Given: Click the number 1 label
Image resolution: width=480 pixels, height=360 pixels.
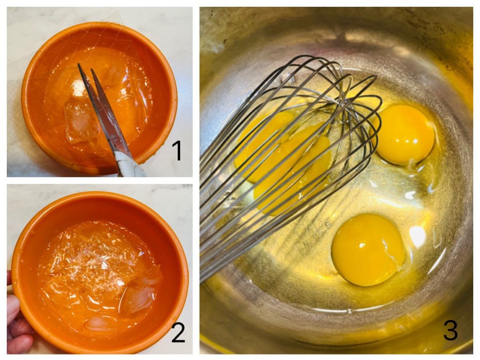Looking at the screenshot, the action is point(177,150).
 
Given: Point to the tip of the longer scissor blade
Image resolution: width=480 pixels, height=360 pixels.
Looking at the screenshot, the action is point(79,64).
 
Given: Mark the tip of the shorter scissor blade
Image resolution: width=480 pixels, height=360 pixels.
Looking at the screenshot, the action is point(92,69).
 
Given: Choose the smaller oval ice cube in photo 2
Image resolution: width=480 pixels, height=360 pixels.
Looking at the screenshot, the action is point(101,324).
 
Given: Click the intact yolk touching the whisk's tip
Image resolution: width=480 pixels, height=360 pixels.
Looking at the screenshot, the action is point(405,134).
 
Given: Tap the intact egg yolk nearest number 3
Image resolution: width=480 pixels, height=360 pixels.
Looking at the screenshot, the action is point(368,250).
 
